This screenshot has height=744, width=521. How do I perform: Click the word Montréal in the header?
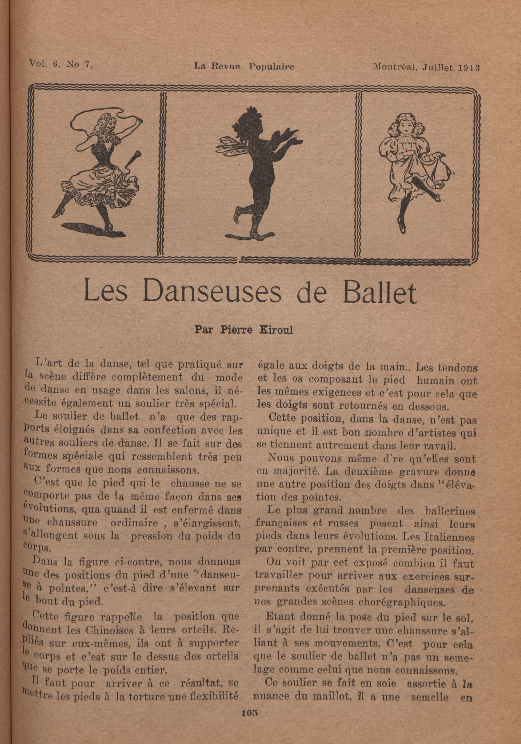(391, 67)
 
